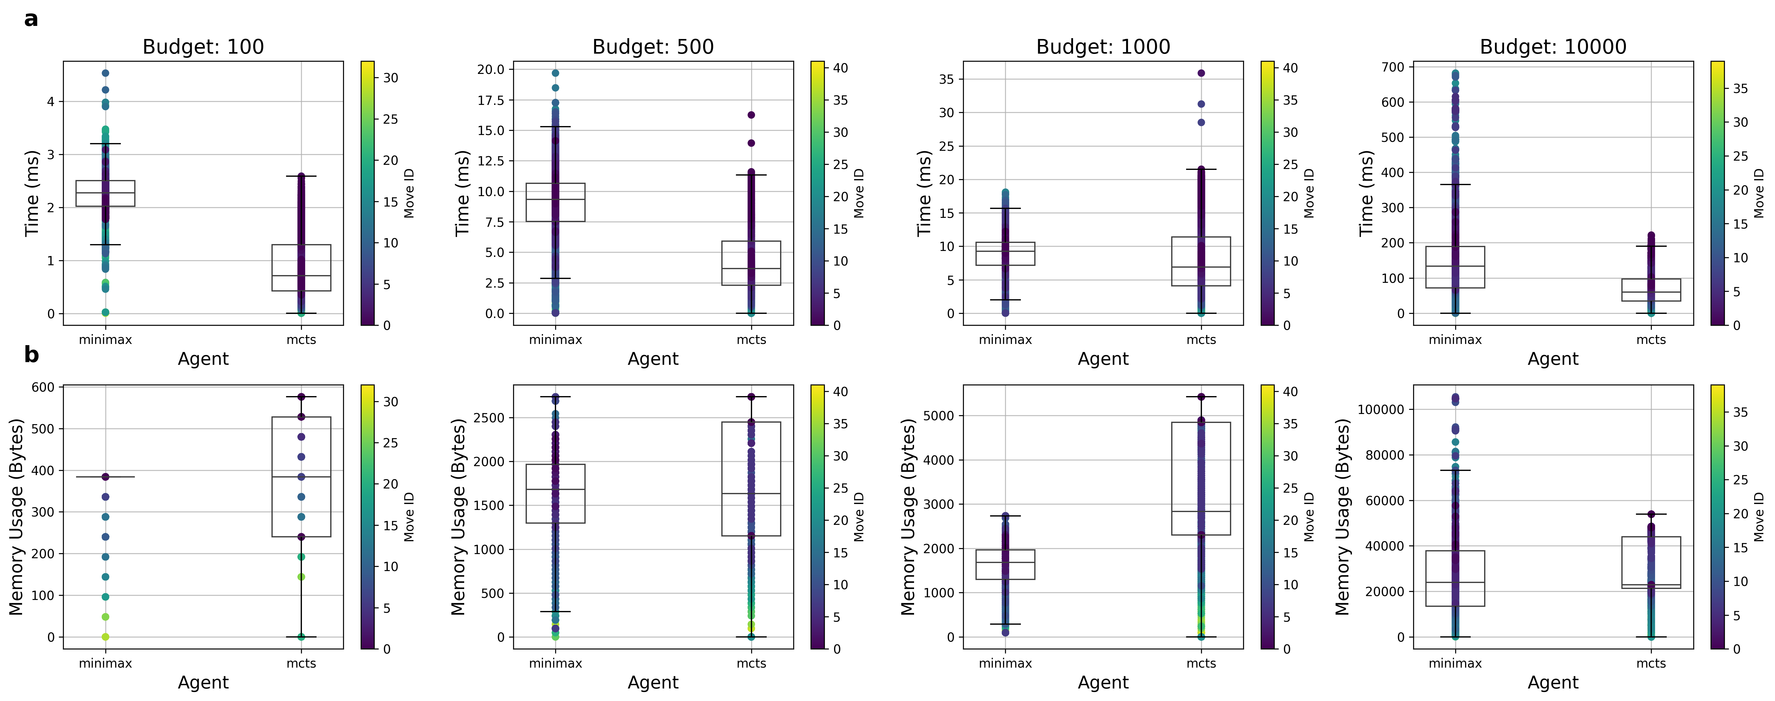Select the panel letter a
click(31, 19)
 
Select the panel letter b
click(31, 355)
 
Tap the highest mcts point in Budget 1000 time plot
click(1201, 73)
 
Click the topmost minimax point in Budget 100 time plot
click(105, 73)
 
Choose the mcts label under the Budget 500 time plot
click(751, 339)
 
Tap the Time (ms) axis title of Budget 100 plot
click(32, 193)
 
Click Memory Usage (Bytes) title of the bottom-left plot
click(16, 517)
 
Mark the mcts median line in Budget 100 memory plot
click(301, 477)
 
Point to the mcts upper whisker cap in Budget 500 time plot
click(751, 175)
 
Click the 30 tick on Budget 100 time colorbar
click(391, 78)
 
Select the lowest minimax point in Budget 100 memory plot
click(105, 637)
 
